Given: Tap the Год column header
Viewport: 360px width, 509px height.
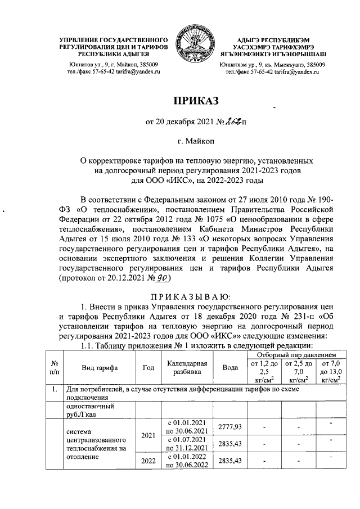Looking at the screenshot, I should point(148,368).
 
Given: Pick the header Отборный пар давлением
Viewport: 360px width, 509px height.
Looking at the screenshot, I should point(292,355).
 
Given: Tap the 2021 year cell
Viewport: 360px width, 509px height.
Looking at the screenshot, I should point(148,435).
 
